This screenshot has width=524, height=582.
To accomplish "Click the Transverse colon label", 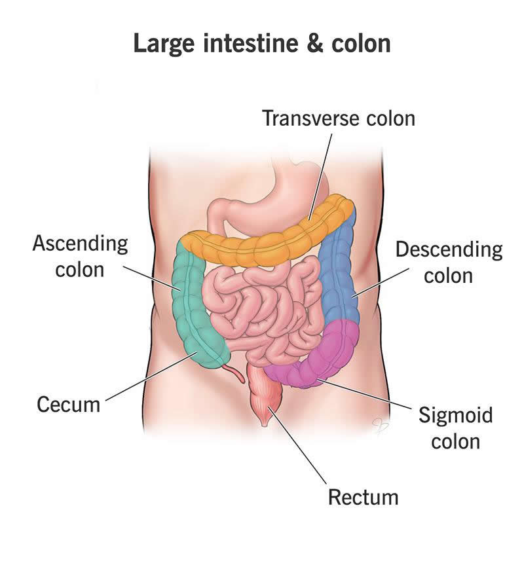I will point(338,118).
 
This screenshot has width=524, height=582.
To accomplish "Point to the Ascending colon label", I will point(80,256).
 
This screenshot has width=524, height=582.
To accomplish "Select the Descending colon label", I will point(449,262).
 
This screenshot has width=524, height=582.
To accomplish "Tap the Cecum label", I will point(68,404).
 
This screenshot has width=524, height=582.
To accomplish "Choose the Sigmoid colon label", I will point(455,427).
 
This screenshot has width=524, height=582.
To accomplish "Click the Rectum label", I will point(363,496).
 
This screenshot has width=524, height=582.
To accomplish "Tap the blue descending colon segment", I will point(341,275).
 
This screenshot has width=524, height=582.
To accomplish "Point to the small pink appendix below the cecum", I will point(233,374).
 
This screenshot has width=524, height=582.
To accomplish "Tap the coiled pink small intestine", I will point(262,308).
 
